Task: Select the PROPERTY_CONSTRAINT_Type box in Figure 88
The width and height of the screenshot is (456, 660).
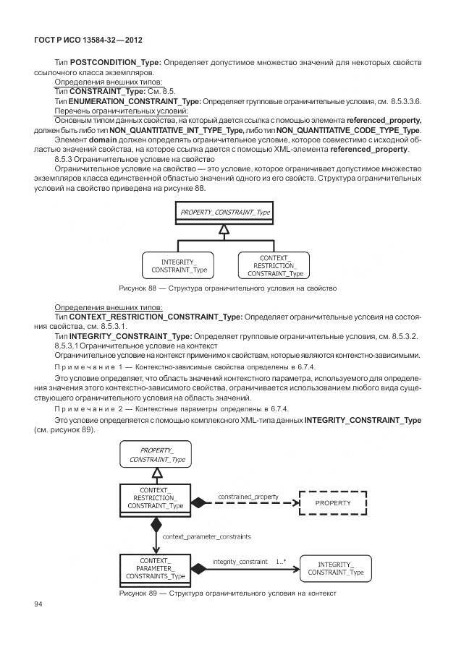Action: click(x=225, y=212)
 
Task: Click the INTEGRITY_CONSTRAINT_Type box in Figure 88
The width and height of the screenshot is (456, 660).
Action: click(x=179, y=265)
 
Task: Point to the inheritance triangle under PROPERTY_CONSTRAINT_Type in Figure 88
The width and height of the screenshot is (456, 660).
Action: click(x=225, y=229)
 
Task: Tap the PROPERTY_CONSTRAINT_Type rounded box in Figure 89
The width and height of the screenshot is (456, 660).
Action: click(x=157, y=454)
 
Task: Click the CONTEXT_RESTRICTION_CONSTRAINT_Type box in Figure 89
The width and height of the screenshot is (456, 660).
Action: click(x=156, y=498)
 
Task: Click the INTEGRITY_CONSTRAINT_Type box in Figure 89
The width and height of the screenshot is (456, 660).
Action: click(x=335, y=568)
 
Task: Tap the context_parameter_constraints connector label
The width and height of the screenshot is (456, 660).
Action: click(x=206, y=537)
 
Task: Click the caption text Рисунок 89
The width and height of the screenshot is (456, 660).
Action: click(x=228, y=594)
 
